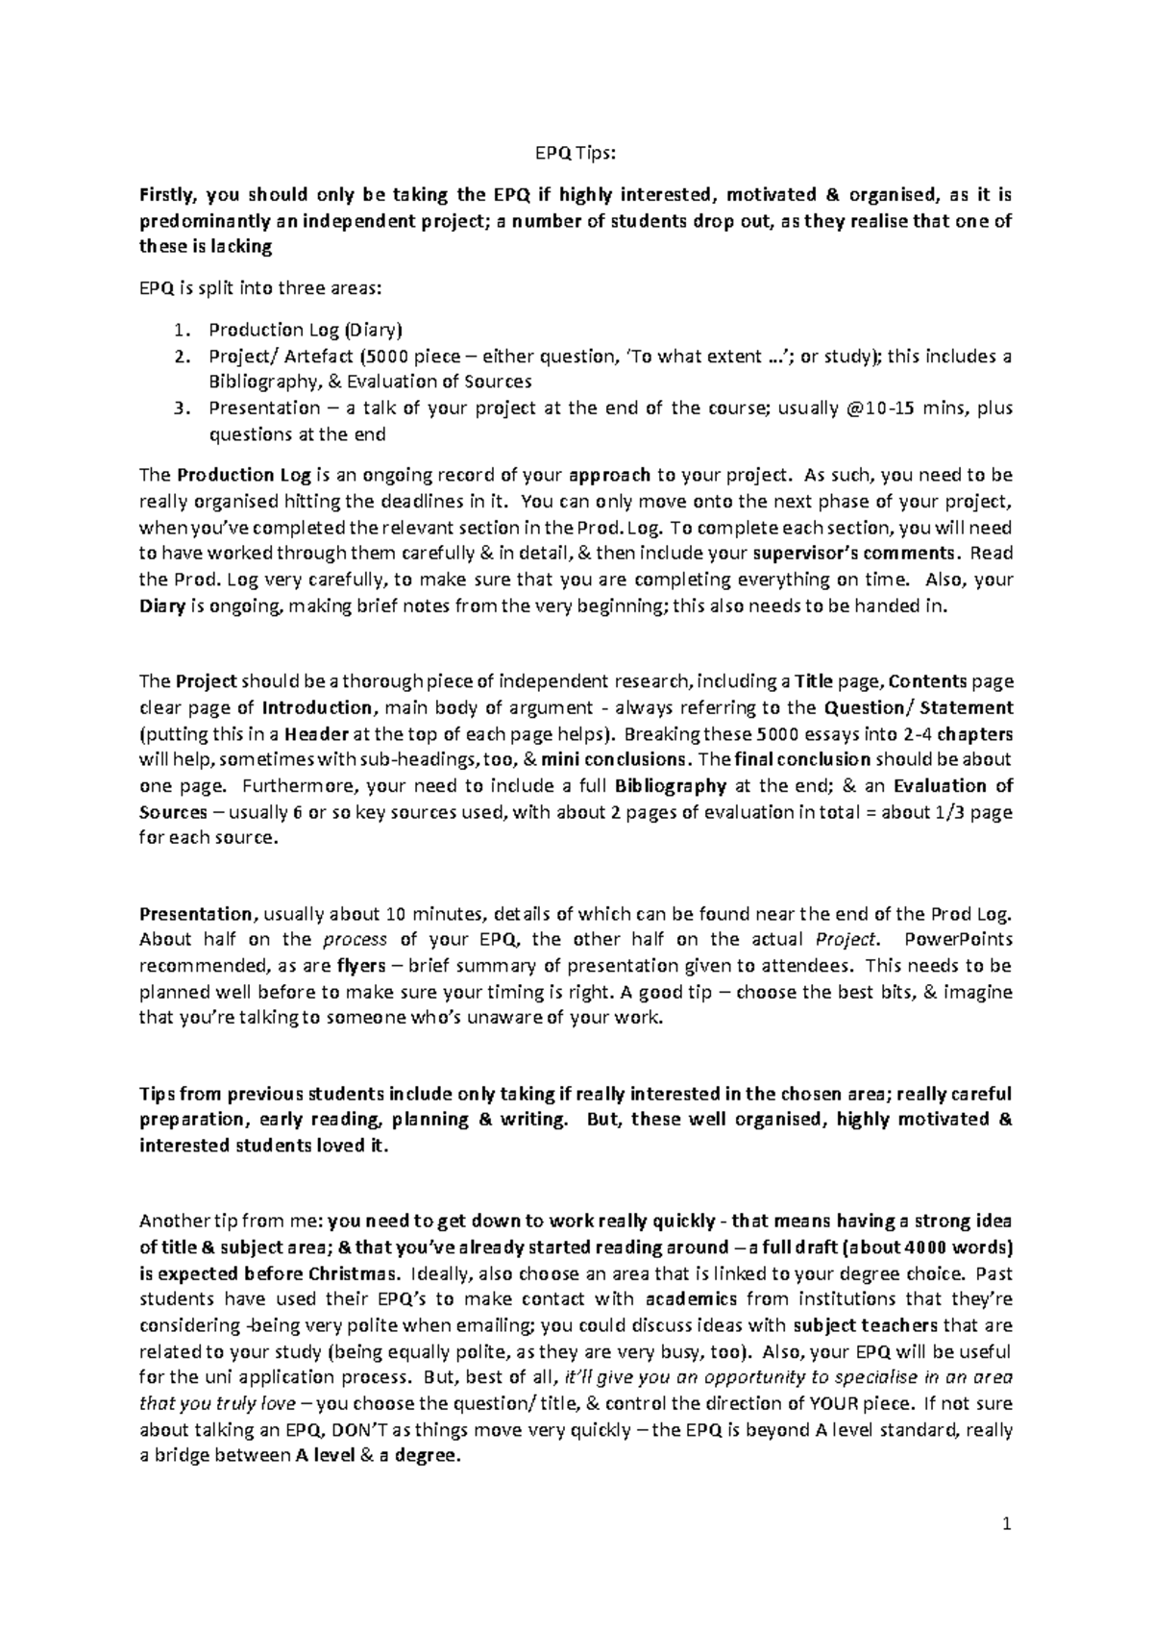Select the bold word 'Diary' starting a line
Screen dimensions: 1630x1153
161,606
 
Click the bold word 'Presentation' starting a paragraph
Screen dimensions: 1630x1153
196,914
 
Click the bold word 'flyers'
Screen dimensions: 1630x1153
360,966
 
